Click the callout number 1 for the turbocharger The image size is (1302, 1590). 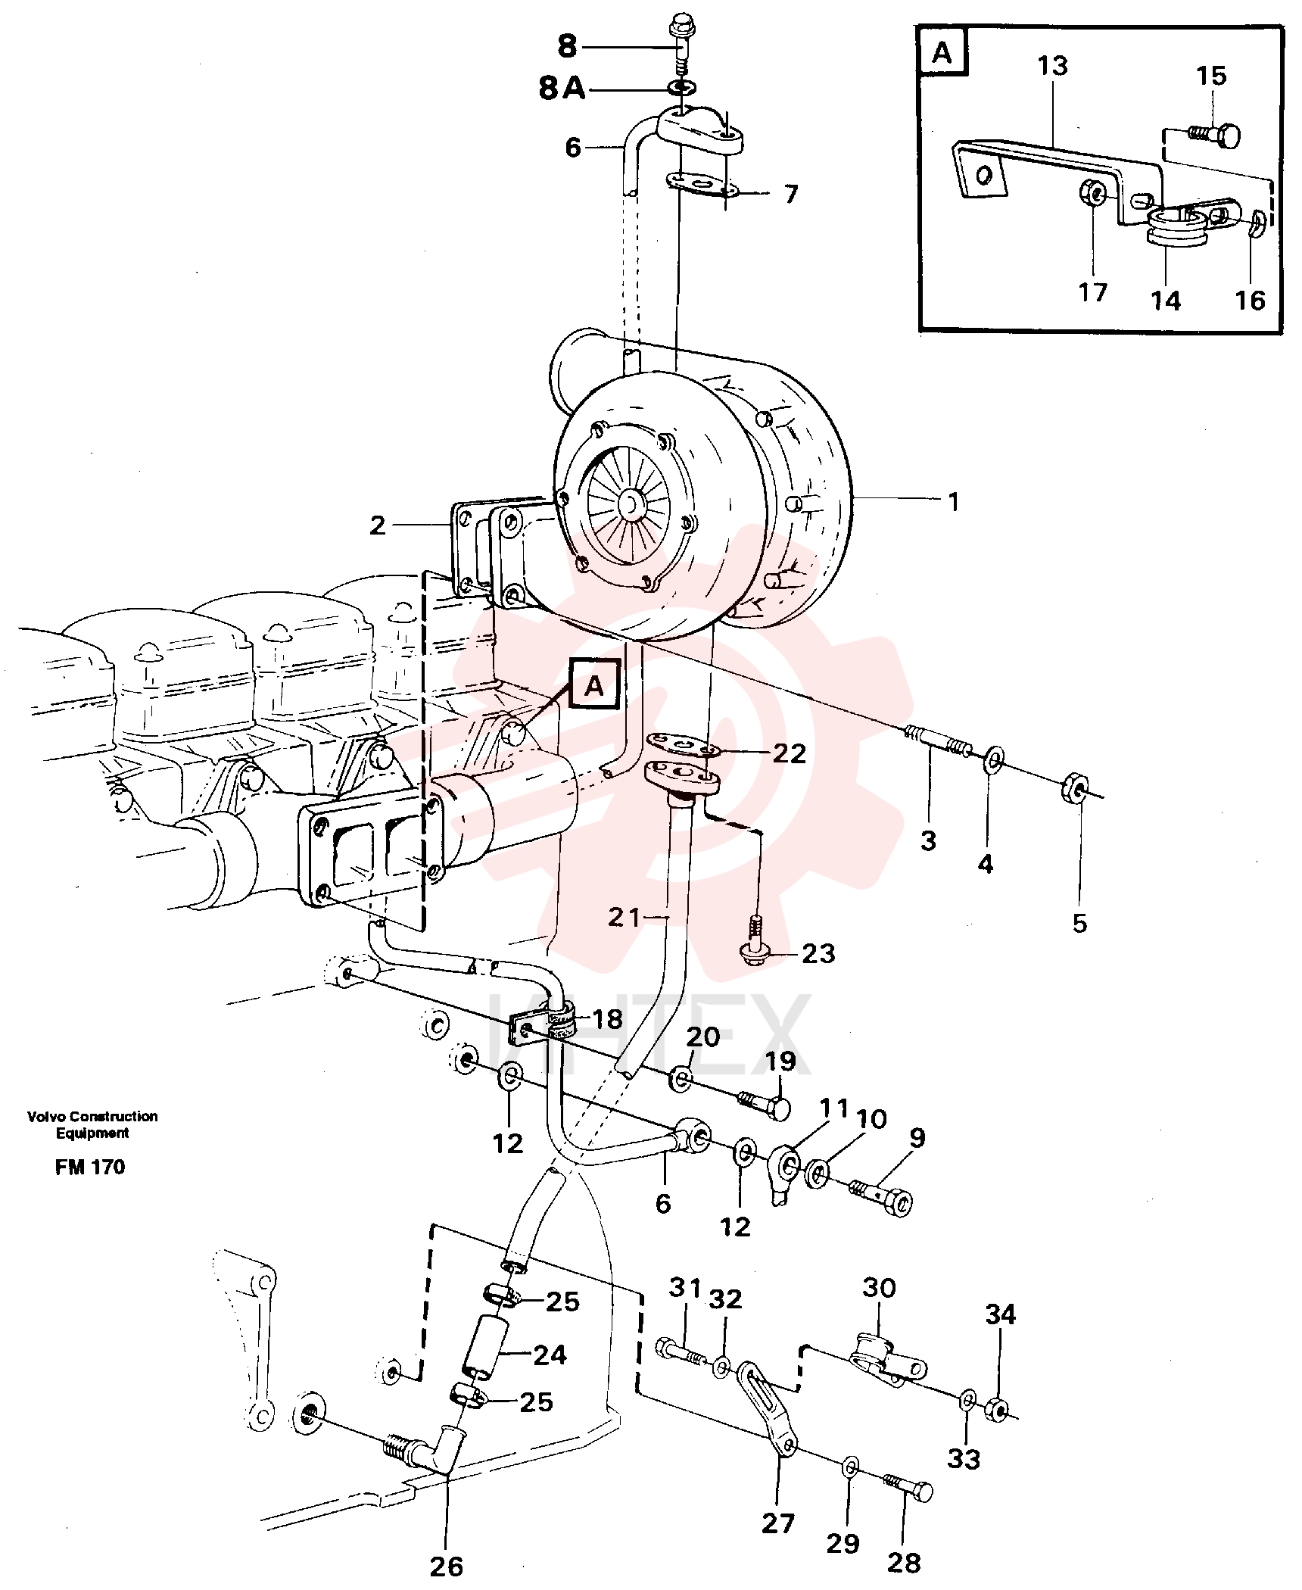tap(954, 502)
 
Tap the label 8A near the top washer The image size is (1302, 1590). tap(562, 89)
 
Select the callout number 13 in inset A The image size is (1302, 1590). tap(1052, 66)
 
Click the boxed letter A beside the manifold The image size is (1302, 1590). tap(595, 685)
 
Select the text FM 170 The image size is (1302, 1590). tap(90, 1167)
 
